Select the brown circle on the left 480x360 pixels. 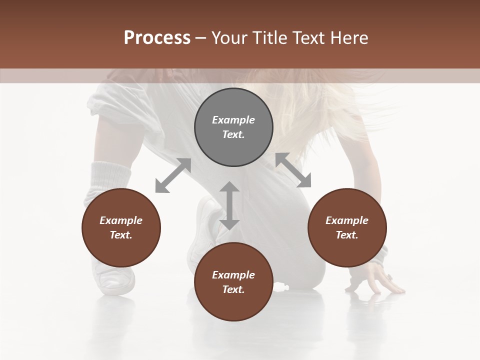pos(121,227)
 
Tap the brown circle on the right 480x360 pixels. pos(347,227)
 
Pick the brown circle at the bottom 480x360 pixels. pos(233,282)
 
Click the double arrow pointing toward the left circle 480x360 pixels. pos(173,175)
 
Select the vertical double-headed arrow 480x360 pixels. pos(229,205)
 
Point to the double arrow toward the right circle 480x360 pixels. pos(293,170)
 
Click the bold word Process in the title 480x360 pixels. pos(157,37)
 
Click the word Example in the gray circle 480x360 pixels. pos(233,120)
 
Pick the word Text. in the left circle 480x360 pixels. pos(121,235)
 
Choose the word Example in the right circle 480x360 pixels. pos(347,220)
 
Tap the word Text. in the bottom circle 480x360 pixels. pos(233,289)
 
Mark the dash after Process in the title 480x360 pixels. pos(201,38)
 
